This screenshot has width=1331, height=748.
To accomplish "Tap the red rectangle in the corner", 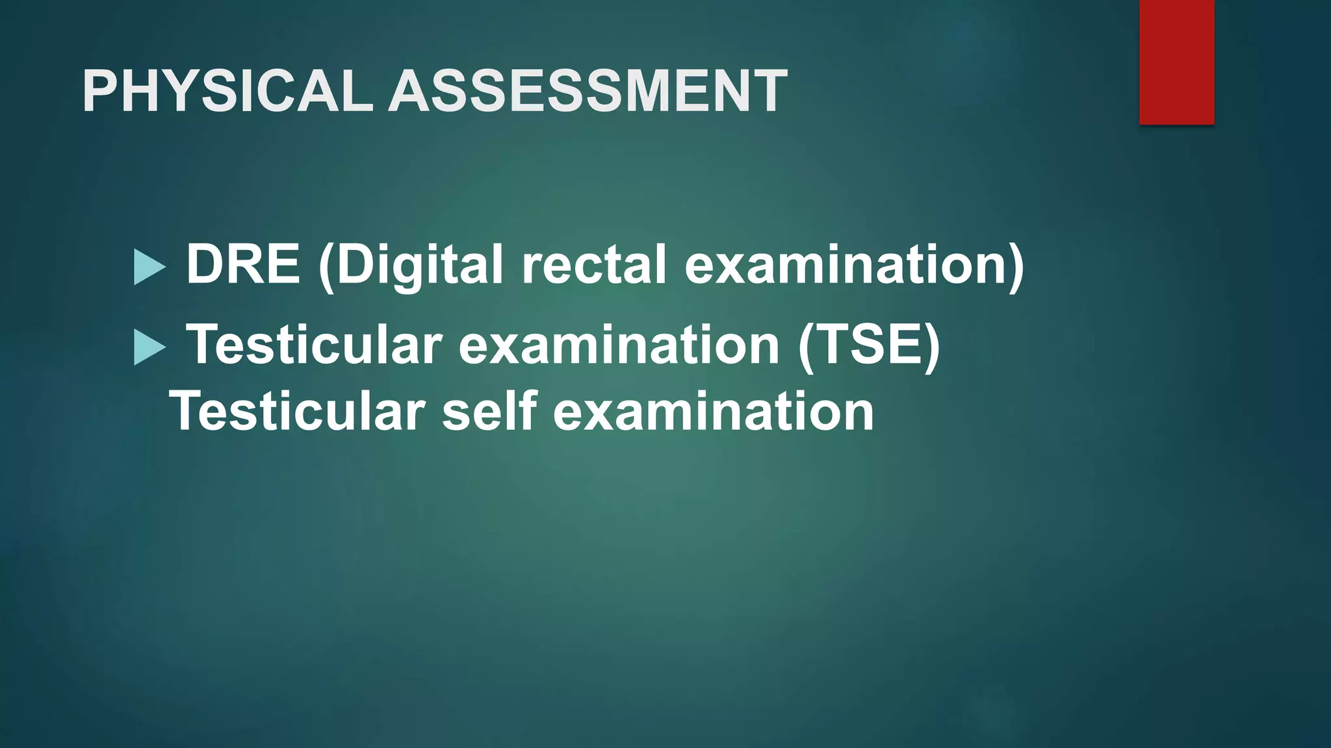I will (1176, 62).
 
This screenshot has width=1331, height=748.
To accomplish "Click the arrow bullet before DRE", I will (149, 267).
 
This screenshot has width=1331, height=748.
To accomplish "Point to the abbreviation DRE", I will (243, 264).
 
